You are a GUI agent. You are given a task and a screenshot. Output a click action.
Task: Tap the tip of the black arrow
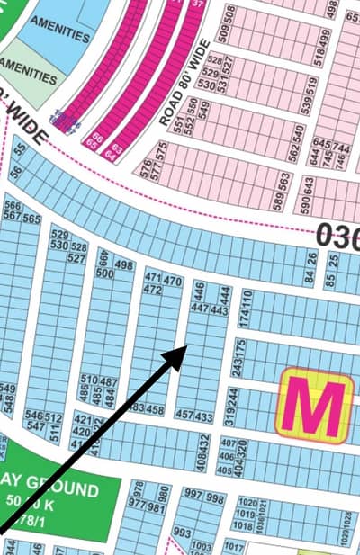[184, 347]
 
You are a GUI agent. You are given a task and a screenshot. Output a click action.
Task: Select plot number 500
[103, 273]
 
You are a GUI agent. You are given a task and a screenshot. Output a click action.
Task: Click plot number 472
[152, 291]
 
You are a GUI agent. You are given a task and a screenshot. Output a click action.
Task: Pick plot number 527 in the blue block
[76, 258]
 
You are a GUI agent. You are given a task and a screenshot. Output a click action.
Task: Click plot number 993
[182, 533]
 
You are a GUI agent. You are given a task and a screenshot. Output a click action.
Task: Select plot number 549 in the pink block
[204, 105]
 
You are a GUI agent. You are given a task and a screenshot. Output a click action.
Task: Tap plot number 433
[204, 416]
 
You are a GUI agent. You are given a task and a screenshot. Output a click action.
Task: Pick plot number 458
[156, 410]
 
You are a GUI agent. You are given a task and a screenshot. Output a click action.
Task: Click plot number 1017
[233, 545]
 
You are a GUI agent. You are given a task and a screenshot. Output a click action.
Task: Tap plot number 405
[227, 470]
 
